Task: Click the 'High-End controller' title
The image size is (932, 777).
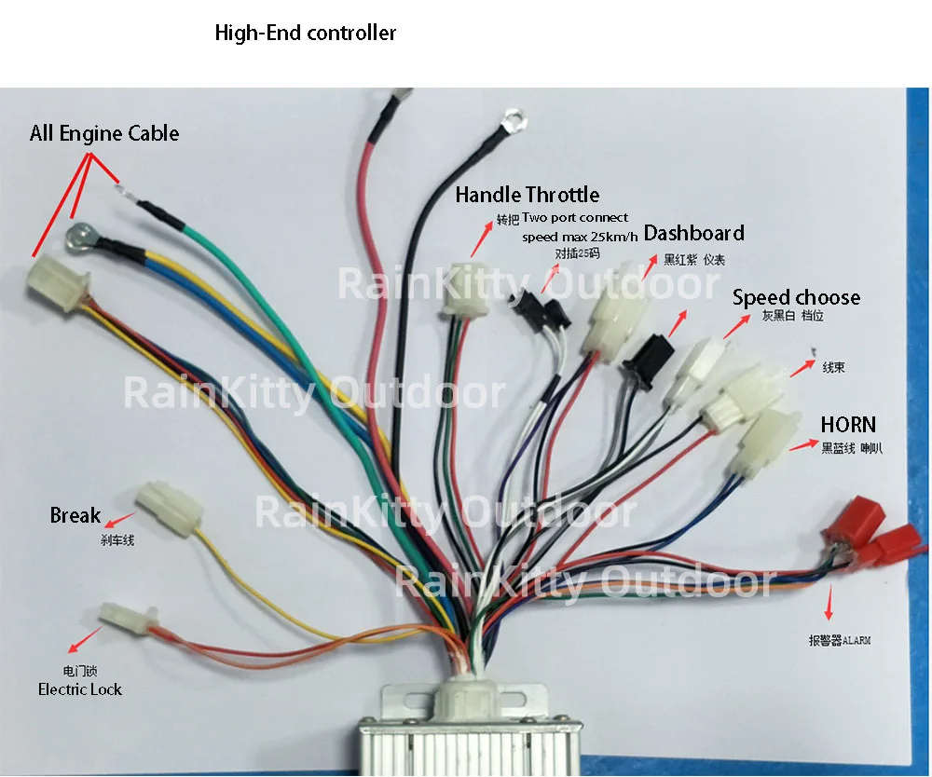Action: click(306, 34)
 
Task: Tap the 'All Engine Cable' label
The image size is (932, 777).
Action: click(104, 133)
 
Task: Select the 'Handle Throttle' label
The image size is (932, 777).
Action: click(527, 195)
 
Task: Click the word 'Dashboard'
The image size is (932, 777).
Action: click(693, 233)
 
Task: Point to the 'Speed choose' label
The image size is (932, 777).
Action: click(796, 297)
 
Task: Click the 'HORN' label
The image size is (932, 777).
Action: click(848, 425)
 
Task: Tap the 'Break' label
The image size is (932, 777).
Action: click(75, 515)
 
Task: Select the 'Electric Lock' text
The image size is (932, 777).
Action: click(80, 689)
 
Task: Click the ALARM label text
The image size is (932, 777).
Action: click(842, 640)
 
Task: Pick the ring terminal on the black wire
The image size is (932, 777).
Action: click(510, 119)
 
